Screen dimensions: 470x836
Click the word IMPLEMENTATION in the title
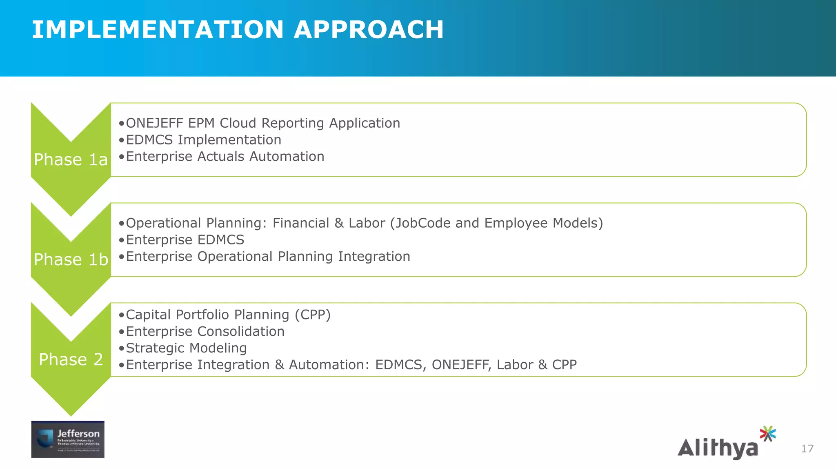(x=158, y=30)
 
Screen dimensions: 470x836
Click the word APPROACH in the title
(x=369, y=30)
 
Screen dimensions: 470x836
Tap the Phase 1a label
(x=71, y=160)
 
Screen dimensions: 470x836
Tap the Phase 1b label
(x=71, y=259)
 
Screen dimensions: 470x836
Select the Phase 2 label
(x=71, y=359)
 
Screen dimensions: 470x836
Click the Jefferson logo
(x=68, y=439)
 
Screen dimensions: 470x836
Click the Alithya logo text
(x=718, y=448)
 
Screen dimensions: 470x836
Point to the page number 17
(x=807, y=449)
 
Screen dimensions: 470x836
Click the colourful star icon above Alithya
(x=767, y=434)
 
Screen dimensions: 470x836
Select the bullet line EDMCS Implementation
(x=203, y=140)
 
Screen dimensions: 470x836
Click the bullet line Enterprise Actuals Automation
(x=225, y=157)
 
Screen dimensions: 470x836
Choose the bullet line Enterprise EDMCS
(x=185, y=240)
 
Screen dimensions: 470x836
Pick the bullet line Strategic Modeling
(x=186, y=348)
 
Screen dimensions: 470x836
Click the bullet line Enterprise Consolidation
(x=205, y=331)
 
